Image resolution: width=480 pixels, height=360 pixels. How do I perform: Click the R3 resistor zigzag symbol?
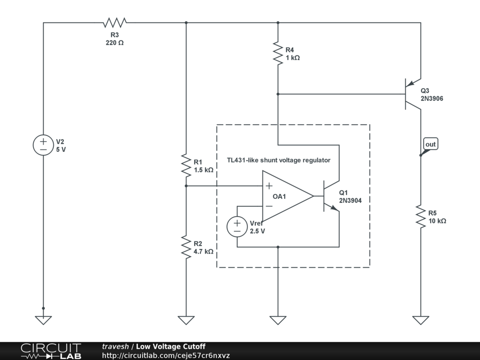point(115,22)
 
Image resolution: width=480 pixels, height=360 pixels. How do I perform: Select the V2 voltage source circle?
point(43,145)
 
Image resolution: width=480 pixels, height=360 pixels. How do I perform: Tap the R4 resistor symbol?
point(278,53)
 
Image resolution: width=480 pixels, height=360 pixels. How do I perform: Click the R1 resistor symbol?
point(186,165)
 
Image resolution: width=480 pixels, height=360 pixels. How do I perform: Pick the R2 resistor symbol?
point(186,247)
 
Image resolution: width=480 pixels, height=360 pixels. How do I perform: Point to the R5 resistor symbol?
point(420,217)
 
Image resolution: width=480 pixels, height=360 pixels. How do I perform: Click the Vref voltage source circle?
point(237,226)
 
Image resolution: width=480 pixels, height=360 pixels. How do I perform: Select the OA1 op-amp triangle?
point(288,196)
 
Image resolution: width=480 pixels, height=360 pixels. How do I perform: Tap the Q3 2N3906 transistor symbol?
point(413,94)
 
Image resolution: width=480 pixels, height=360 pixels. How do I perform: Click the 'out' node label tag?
point(430,144)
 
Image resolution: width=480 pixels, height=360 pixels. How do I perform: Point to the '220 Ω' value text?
point(115,43)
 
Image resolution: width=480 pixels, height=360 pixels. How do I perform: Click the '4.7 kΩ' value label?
point(203,252)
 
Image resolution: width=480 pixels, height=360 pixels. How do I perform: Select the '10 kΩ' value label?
point(437,221)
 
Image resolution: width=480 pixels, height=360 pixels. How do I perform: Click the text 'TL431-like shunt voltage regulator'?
point(278,160)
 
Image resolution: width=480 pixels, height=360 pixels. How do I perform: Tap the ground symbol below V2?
point(43,320)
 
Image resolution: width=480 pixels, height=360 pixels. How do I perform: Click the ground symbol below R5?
point(420,320)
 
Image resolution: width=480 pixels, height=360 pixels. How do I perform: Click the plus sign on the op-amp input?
point(269,186)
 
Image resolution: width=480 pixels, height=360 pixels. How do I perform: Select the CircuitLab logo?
point(51,351)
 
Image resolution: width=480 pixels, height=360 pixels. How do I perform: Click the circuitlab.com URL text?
point(165,355)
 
